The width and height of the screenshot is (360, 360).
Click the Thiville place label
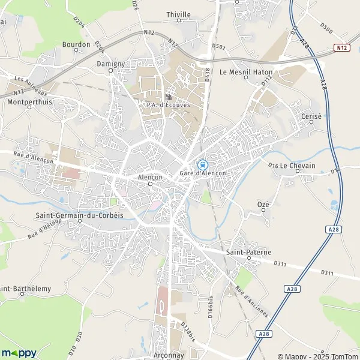pos(178,14)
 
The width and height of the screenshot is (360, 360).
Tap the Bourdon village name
pos(76,44)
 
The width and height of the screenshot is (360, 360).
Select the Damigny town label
pos(110,63)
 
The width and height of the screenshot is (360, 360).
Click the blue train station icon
pos(203,164)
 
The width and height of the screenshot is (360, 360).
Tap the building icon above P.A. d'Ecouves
pos(168,97)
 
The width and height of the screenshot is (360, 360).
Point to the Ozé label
pos(263,205)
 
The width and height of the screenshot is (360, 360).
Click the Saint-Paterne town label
pos(246,253)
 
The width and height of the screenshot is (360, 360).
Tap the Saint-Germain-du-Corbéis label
pos(79,216)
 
